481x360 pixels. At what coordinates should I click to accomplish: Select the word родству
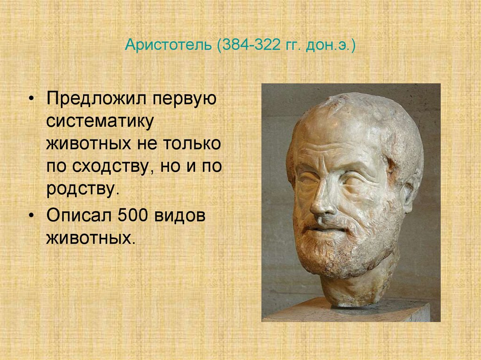[x=80, y=189]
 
